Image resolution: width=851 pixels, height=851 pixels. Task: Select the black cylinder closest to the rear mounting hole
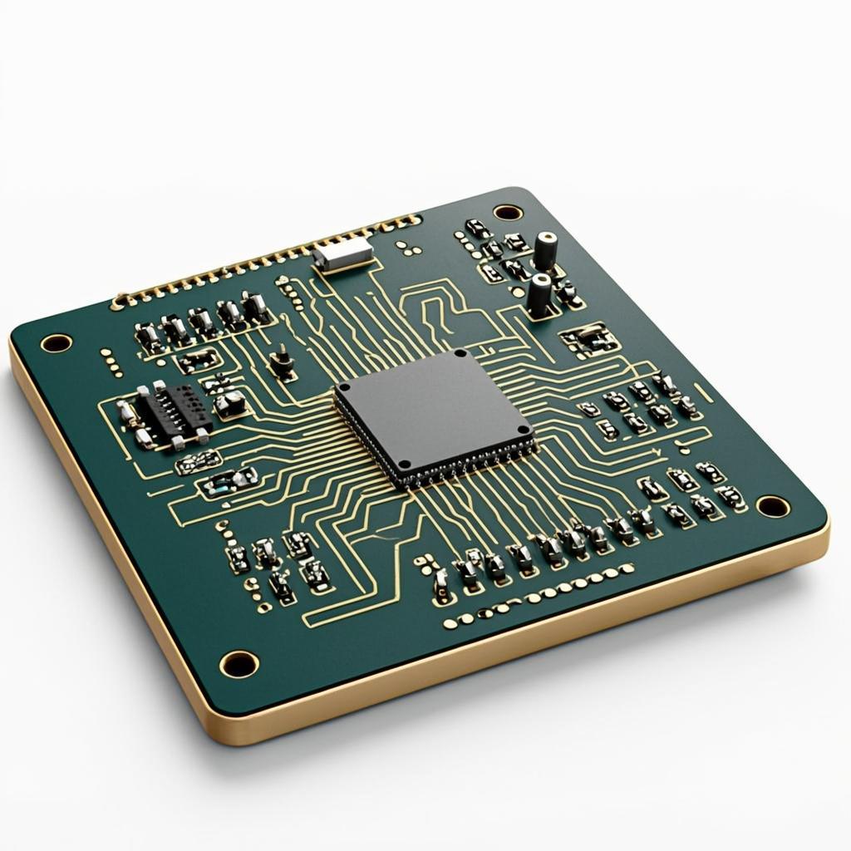click(x=545, y=249)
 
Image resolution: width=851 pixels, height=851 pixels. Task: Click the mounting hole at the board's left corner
click(x=56, y=342)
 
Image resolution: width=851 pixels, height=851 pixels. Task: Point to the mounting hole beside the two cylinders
click(x=508, y=212)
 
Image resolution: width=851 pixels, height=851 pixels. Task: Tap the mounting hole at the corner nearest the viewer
click(x=239, y=663)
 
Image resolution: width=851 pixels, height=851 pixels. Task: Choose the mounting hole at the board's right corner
click(x=772, y=505)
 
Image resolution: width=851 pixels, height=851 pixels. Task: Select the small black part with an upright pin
click(x=283, y=362)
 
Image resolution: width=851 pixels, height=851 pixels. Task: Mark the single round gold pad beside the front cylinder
click(x=519, y=293)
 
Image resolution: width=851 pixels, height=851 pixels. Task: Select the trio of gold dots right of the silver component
click(x=406, y=248)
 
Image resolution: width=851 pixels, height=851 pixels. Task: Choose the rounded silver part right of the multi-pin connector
click(x=230, y=403)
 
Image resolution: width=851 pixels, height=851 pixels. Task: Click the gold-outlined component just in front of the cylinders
click(x=590, y=339)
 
